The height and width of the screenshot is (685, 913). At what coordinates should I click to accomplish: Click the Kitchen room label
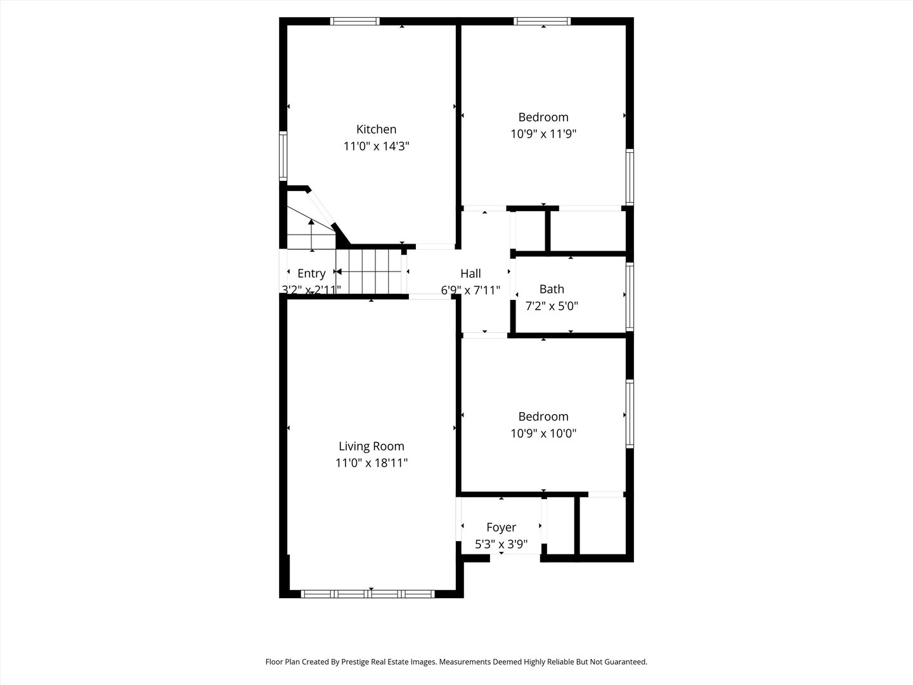376,129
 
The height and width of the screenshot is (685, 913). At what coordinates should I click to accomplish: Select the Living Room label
371,447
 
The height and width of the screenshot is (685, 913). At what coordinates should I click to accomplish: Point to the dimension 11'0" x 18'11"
371,463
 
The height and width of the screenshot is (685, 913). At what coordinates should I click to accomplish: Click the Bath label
552,289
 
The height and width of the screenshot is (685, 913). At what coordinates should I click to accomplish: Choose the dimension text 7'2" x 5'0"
552,306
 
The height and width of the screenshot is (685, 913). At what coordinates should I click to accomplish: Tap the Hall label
470,273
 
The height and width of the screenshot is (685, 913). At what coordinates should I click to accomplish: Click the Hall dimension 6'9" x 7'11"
470,290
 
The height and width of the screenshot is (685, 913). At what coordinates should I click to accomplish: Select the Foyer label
501,527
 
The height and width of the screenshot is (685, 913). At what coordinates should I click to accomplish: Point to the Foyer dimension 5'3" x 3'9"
501,544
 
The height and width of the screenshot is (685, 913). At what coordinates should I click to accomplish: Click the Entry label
311,273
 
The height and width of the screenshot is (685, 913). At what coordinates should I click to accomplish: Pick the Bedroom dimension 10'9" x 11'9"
543,134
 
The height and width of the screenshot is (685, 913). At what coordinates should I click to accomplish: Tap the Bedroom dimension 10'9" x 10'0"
543,434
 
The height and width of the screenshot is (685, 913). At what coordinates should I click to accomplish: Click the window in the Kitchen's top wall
355,21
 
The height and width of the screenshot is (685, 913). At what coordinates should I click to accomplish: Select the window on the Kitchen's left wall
283,156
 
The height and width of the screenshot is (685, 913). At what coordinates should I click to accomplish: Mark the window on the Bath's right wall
630,296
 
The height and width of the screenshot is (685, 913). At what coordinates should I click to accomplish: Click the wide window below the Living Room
367,594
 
